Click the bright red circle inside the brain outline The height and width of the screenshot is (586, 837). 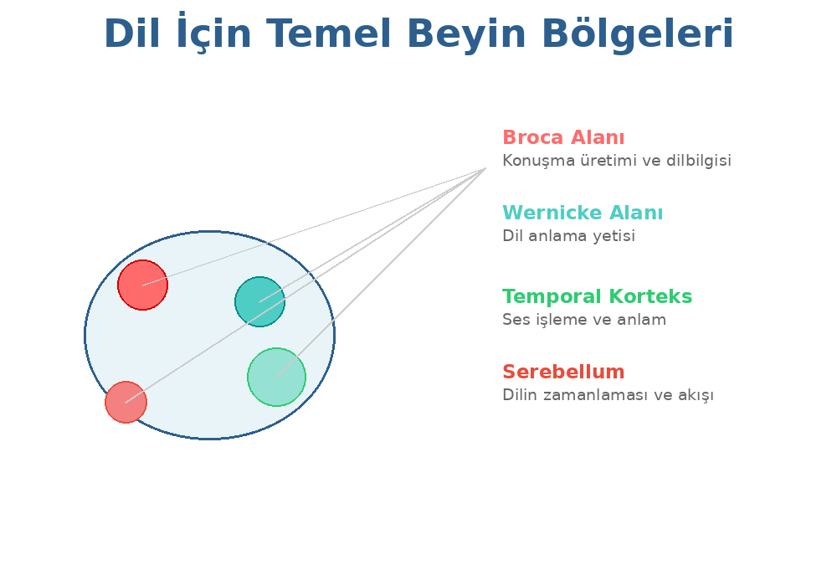(142, 285)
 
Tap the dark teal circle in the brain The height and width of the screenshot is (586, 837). (259, 301)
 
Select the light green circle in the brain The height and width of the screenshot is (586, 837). (276, 377)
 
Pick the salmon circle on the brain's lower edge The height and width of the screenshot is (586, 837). (126, 402)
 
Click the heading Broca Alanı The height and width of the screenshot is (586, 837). (563, 138)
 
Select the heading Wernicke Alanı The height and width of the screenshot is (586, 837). (583, 213)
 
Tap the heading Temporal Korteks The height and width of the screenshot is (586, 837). (597, 297)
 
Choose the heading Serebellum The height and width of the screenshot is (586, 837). (563, 373)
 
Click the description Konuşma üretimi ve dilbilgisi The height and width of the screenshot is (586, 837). (616, 161)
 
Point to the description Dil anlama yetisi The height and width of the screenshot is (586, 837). (568, 236)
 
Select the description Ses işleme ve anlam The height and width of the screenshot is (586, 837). (583, 320)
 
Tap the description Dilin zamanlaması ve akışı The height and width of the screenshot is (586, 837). (608, 395)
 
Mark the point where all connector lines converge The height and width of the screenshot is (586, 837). (485, 169)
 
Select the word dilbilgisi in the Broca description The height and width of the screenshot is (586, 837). (699, 161)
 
